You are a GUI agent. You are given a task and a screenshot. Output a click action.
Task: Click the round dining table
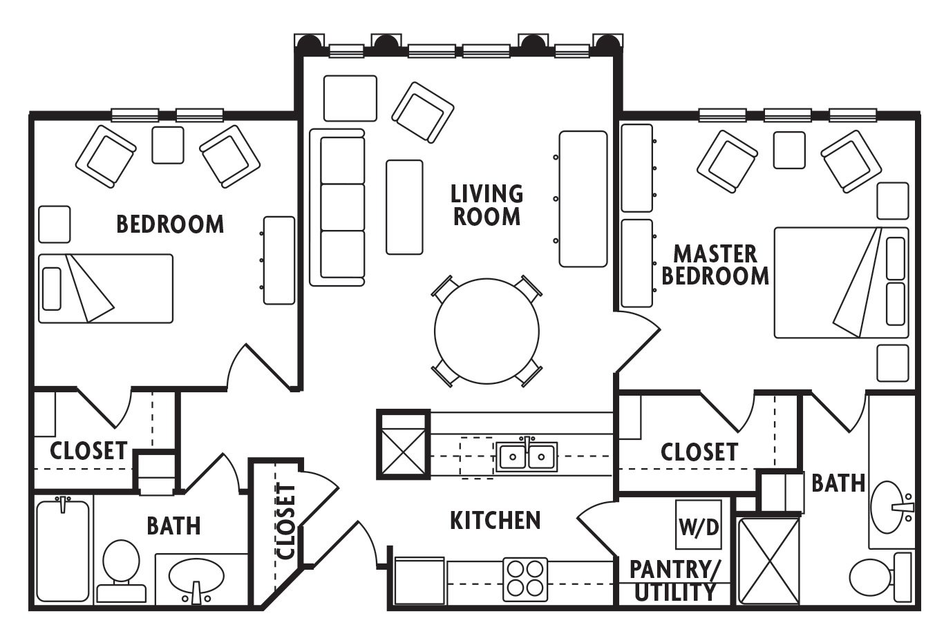[x=487, y=331]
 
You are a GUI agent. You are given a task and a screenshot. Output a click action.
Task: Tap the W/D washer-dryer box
[x=699, y=525]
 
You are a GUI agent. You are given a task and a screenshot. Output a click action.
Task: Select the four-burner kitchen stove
[x=525, y=579]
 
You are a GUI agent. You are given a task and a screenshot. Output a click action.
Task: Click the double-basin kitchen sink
[x=527, y=456]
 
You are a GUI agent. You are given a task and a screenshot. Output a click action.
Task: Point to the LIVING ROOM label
[x=487, y=205]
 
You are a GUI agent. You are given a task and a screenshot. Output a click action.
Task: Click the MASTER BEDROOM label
[x=715, y=265]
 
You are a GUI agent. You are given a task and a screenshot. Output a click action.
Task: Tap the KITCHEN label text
[x=495, y=520]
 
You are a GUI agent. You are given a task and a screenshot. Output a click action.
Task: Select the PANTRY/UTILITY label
[x=674, y=581]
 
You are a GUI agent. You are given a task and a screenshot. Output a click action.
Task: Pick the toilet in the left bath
[x=121, y=571]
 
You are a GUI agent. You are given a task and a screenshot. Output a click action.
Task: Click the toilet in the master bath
[x=880, y=577]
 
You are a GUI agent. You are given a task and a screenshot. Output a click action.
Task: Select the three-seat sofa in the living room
[x=337, y=207]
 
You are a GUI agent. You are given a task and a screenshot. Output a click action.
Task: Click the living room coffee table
[x=404, y=207]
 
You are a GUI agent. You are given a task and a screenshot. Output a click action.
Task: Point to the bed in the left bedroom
[x=106, y=289]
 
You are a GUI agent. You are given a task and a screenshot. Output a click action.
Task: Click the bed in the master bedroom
[x=842, y=282]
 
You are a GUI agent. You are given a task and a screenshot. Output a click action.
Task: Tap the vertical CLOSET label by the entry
[x=286, y=521]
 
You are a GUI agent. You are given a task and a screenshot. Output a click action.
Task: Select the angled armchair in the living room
[x=423, y=113]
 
